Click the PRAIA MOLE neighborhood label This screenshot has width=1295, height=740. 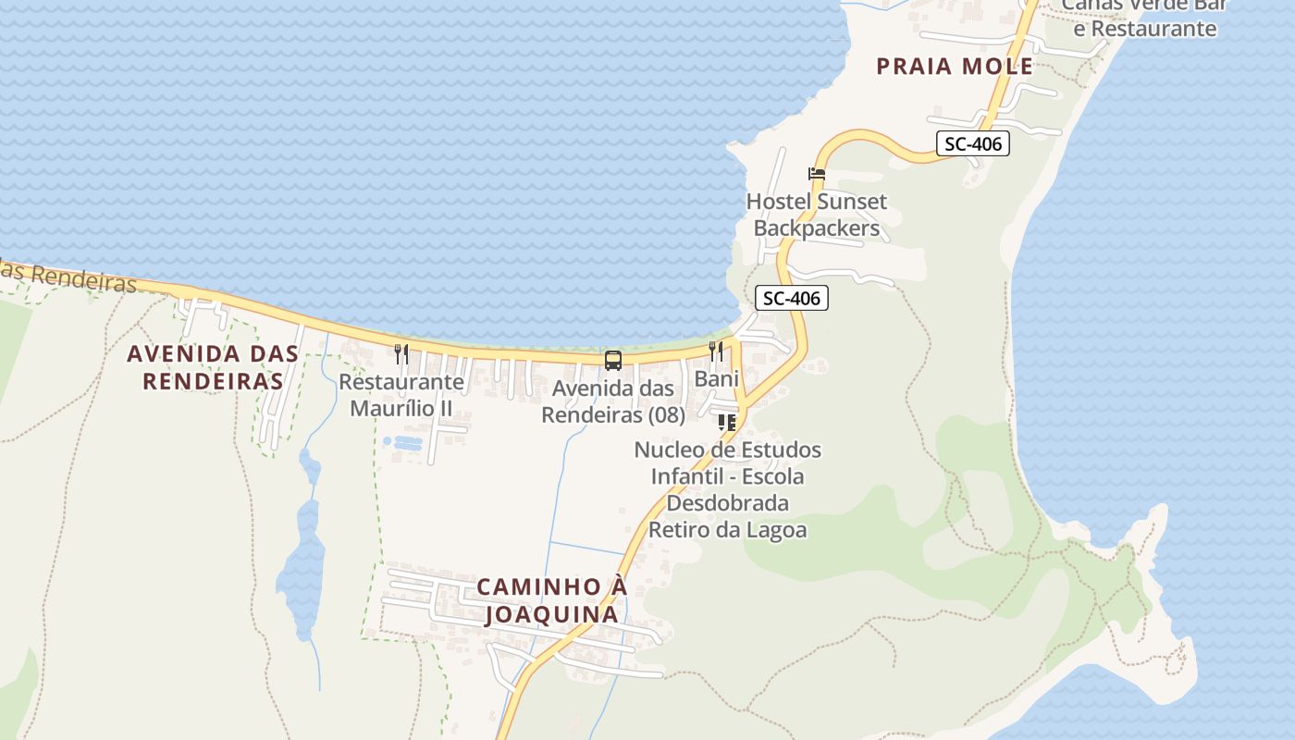(954, 67)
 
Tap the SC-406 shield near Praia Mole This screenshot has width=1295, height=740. (972, 143)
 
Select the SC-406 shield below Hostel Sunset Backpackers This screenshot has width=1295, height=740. (791, 298)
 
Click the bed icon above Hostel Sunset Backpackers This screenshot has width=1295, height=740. (816, 174)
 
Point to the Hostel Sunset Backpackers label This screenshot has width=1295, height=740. (816, 215)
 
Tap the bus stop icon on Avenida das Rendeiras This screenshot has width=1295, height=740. (612, 360)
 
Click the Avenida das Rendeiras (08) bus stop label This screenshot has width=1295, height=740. (612, 401)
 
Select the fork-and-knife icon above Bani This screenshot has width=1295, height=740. (716, 351)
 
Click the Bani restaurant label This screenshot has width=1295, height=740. (716, 378)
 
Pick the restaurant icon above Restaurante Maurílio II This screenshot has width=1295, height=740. (401, 352)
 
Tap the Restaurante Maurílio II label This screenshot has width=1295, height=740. (401, 394)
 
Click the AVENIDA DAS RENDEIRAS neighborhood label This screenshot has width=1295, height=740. (213, 366)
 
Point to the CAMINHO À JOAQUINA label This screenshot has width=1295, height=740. (551, 600)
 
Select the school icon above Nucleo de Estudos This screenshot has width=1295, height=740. (727, 423)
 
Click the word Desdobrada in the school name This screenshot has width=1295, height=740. (727, 503)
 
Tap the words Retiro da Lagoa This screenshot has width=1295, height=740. (727, 530)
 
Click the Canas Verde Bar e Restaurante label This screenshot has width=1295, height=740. (1143, 17)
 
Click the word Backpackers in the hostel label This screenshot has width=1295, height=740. (816, 228)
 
